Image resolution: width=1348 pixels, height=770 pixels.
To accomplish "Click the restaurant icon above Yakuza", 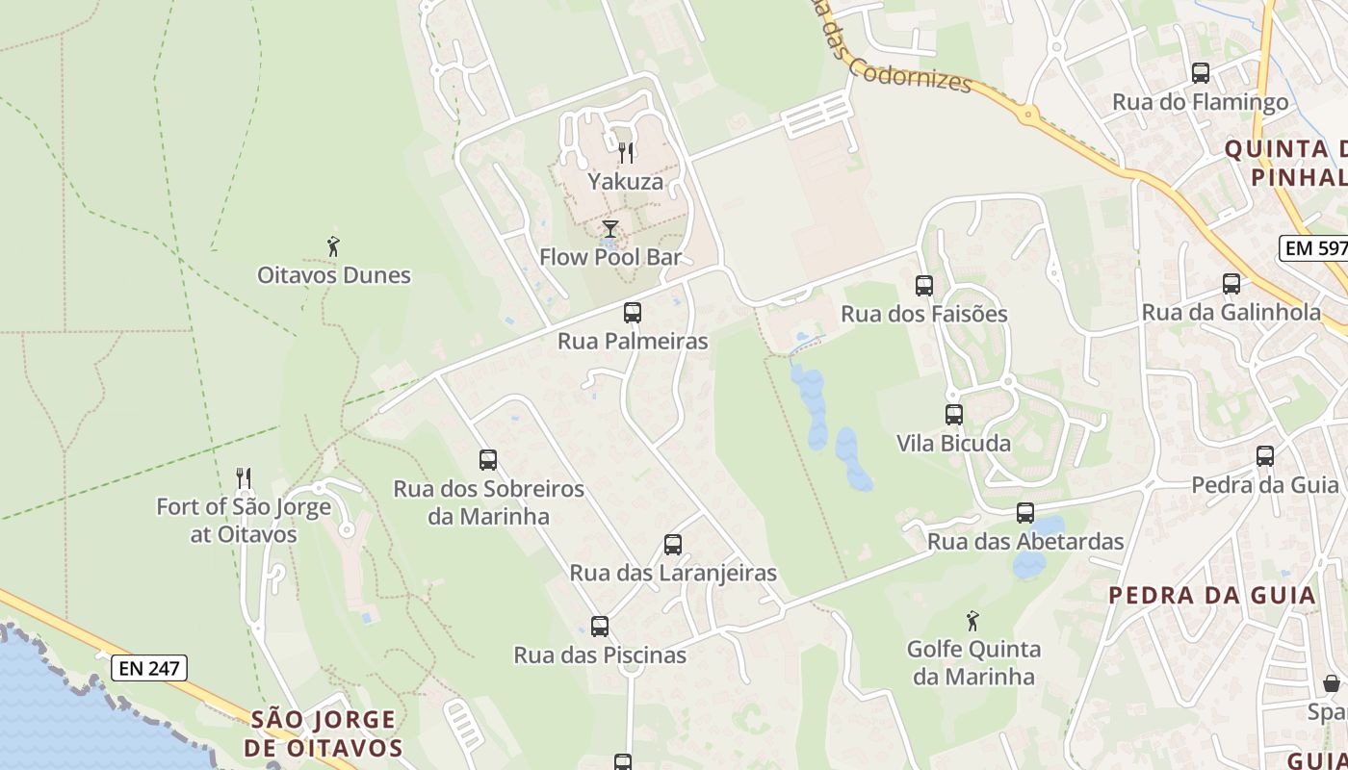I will [x=626, y=152].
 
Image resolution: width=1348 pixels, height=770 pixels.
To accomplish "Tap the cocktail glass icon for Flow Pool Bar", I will [x=610, y=229].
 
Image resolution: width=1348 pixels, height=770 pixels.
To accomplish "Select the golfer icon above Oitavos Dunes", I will [x=333, y=246].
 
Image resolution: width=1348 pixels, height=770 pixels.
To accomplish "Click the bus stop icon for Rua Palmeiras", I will [x=633, y=313].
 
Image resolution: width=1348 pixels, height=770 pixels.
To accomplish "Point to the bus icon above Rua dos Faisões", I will [x=924, y=286].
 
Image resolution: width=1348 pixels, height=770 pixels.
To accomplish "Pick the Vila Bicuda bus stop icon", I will [x=954, y=415].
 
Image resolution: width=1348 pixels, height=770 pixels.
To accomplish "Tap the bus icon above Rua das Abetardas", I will [x=1025, y=513].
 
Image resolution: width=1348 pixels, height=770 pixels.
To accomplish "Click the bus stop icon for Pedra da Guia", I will [x=1265, y=456].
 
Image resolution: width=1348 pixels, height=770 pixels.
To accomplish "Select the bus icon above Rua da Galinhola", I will [x=1231, y=284].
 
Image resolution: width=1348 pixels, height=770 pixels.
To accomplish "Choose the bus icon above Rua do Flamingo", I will [x=1201, y=73].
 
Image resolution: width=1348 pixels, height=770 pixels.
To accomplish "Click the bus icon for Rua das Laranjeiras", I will [x=673, y=545].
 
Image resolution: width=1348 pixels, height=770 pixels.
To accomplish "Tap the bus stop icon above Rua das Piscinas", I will [x=600, y=627].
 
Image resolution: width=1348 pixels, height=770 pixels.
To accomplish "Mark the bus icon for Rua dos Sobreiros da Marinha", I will [x=488, y=460].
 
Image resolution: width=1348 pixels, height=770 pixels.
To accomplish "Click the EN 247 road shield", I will [x=149, y=667].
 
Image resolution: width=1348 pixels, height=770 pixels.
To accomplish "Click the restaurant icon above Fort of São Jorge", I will [x=244, y=477].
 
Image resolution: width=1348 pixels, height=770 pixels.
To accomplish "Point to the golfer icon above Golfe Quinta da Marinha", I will [x=972, y=621].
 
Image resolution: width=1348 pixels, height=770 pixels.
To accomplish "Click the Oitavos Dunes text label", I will [x=334, y=275].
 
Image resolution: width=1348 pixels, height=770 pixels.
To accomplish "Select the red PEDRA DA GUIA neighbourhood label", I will [x=1211, y=595].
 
